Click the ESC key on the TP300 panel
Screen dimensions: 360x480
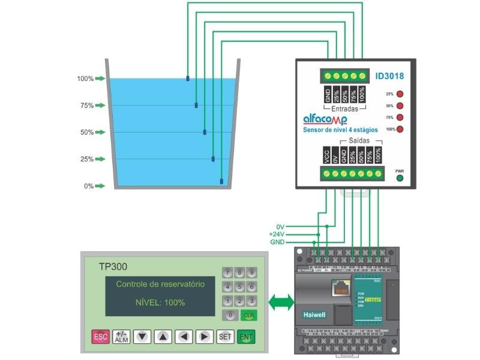tap(100, 337)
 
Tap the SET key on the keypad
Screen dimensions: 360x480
tap(225, 337)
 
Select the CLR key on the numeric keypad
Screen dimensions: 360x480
tap(248, 315)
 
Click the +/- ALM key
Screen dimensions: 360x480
tap(121, 337)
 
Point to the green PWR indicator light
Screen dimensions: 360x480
tap(400, 178)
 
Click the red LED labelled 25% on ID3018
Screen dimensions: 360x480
tap(400, 94)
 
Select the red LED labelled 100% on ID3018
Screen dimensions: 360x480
tap(400, 129)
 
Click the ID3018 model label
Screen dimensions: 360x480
tap(389, 76)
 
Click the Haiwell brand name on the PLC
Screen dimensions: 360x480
tap(314, 313)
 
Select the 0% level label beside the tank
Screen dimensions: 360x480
tap(88, 186)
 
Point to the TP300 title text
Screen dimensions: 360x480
tap(113, 266)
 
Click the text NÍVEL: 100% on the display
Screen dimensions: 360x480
tap(159, 302)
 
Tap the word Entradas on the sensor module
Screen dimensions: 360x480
tap(344, 109)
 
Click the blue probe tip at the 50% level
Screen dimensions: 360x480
tap(205, 131)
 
